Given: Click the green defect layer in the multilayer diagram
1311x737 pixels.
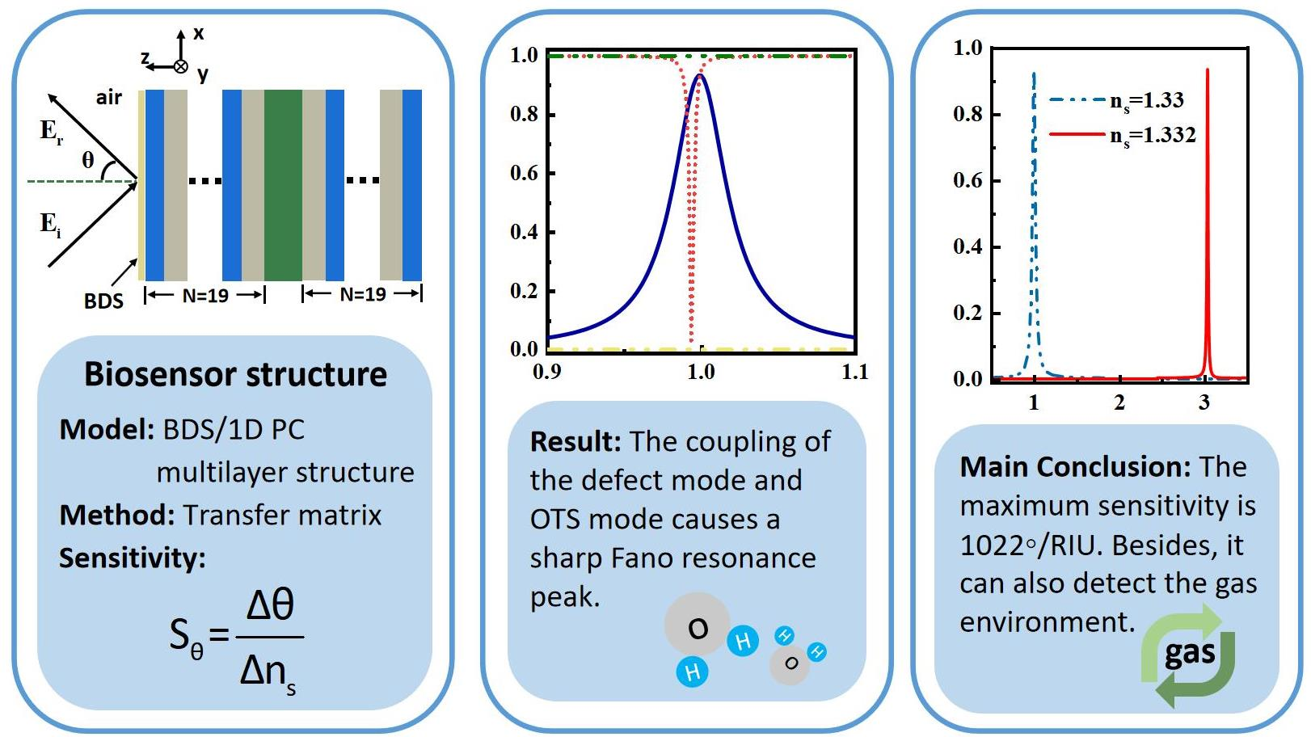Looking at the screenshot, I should tap(283, 185).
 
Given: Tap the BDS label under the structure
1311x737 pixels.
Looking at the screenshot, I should tap(103, 301).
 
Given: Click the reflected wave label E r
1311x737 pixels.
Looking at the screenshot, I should tap(51, 131).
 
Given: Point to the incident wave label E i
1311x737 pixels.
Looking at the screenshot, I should tap(50, 223).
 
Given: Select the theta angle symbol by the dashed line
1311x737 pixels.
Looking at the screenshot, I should tap(88, 160).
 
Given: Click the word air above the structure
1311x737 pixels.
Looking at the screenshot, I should tap(109, 98).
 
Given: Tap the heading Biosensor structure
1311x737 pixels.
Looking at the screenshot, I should tap(235, 374).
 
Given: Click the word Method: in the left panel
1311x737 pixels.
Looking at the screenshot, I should tap(116, 515).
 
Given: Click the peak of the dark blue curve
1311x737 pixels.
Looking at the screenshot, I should tap(700, 75).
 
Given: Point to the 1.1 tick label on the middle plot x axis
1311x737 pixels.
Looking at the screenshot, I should tap(854, 372).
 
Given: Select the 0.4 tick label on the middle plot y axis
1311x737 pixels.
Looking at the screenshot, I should tap(524, 232).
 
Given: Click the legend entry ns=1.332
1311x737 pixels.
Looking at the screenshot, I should tap(1153, 135).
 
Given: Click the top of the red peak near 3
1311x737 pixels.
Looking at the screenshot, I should tap(1208, 71).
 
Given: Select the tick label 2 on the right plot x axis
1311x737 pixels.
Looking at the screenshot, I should tap(1119, 402).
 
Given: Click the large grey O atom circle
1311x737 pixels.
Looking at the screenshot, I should tap(697, 625).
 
